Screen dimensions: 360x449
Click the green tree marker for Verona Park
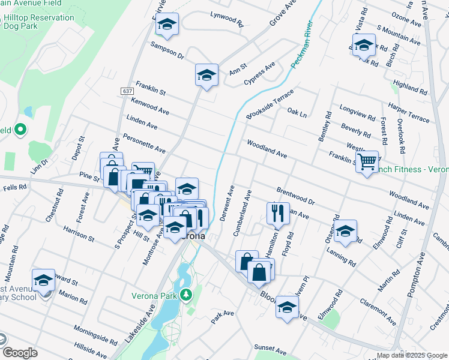186,295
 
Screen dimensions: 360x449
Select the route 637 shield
127,91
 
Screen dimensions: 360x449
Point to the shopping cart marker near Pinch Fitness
367,160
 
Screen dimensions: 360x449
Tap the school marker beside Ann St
206,75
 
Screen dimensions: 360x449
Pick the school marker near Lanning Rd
345,231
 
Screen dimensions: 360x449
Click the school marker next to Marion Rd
43,280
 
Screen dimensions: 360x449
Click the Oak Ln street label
297,112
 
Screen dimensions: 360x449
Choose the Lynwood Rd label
226,19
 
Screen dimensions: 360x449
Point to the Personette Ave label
144,143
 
